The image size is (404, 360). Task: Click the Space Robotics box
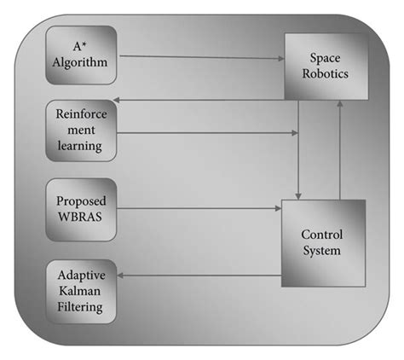327,66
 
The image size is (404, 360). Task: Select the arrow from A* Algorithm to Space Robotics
200,57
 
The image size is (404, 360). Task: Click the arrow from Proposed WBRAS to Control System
200,207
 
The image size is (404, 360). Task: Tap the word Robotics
327,73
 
